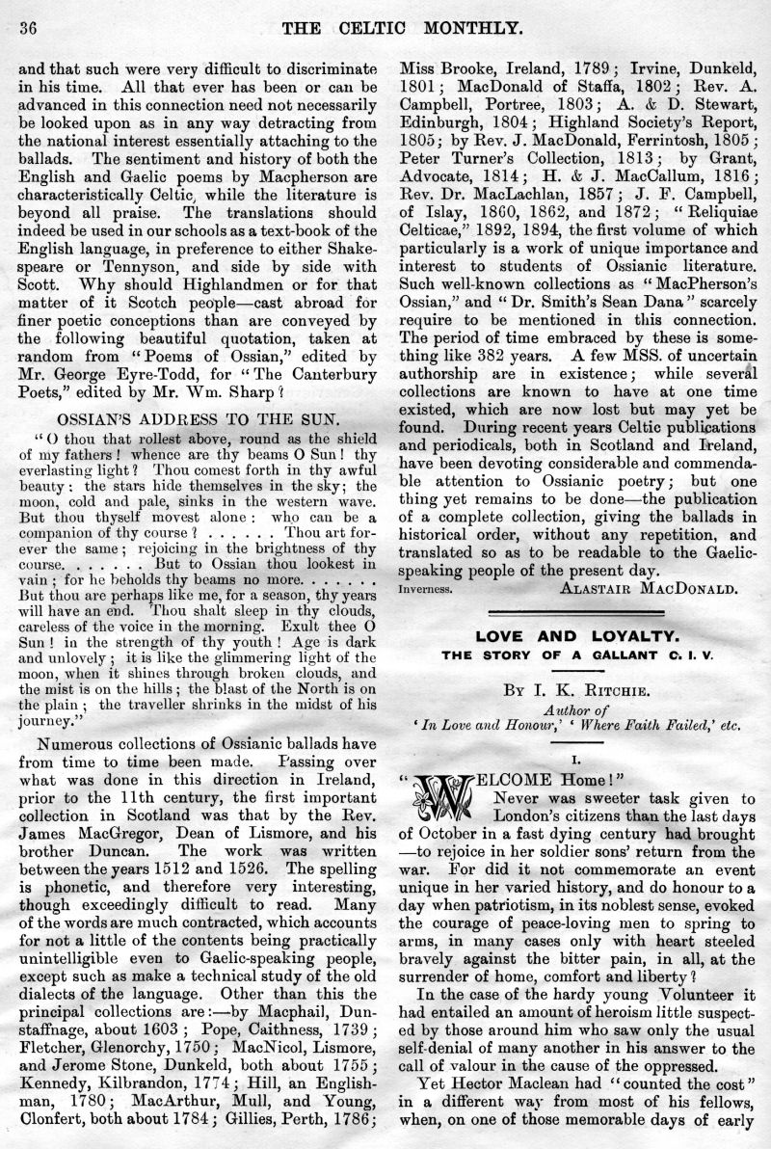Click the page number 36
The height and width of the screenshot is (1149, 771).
tap(20, 29)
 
